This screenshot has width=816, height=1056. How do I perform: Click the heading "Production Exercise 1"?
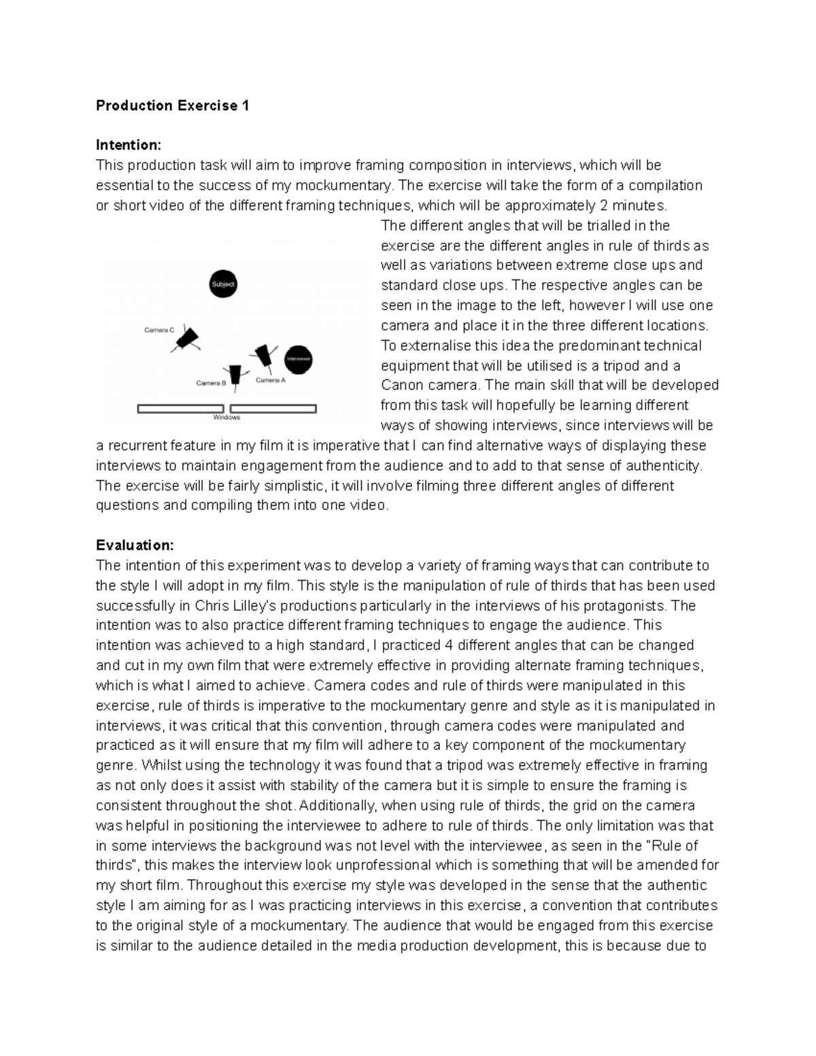click(173, 105)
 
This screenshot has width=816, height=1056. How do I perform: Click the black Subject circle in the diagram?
click(222, 284)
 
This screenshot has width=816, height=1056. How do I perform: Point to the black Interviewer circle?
click(298, 358)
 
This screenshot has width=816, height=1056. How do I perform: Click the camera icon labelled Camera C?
click(186, 339)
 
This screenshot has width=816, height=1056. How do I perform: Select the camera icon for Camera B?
click(235, 377)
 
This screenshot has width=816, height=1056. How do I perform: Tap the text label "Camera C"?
click(159, 330)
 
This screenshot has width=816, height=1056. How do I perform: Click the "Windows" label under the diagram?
click(226, 418)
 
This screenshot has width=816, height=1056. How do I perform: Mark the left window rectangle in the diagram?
click(181, 409)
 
